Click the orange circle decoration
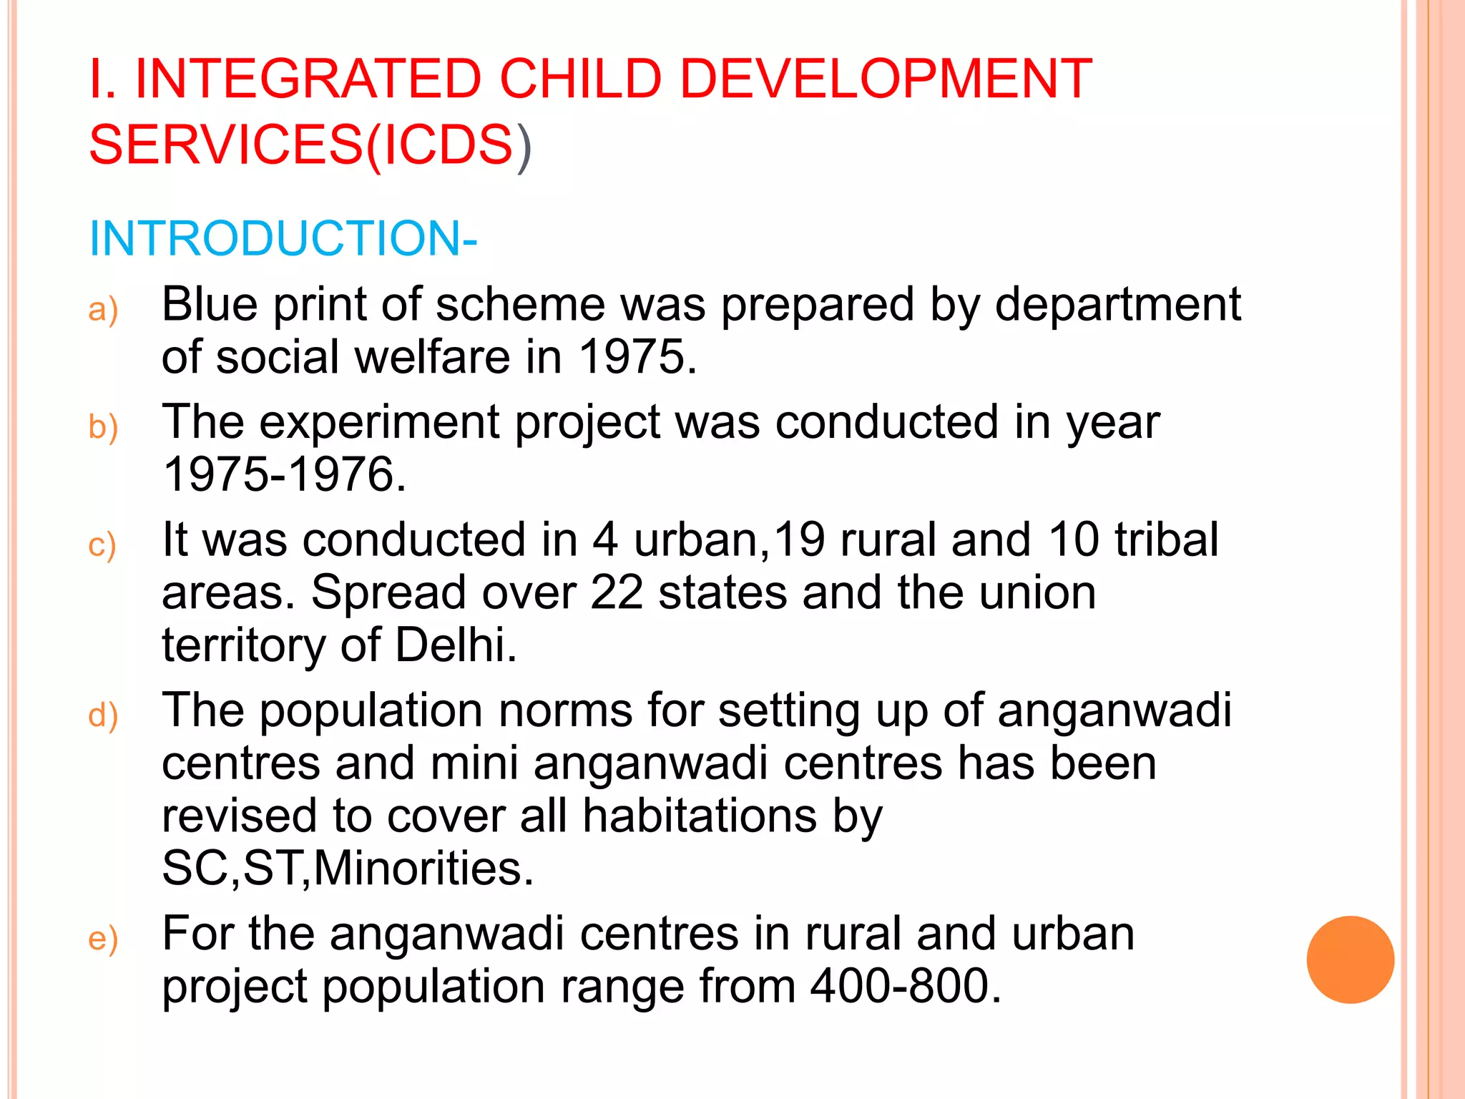1350,959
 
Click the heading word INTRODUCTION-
283,238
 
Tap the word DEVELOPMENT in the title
886,79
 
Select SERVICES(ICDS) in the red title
310,145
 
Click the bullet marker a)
103,311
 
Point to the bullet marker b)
103,428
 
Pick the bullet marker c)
102,545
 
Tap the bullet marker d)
103,716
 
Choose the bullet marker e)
103,939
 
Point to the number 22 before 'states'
617,593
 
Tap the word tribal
1166,539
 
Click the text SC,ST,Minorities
347,869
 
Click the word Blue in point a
210,305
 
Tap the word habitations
700,816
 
